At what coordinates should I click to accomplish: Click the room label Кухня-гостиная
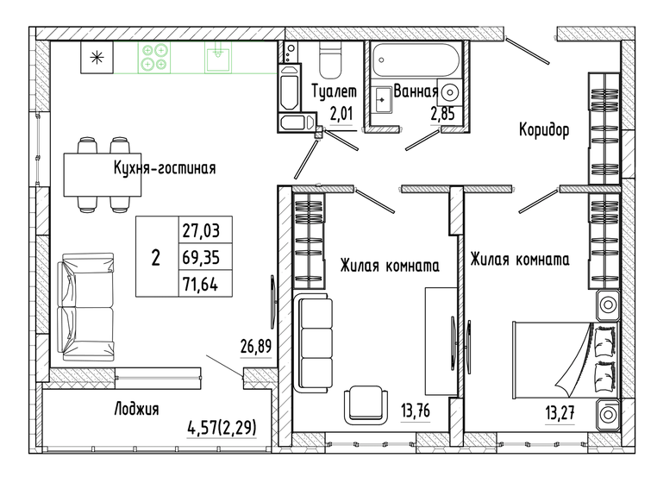pyautogui.click(x=164, y=168)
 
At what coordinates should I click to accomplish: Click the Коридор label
pyautogui.click(x=544, y=130)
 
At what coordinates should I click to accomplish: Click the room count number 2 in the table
pyautogui.click(x=155, y=257)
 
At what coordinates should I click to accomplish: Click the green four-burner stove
pyautogui.click(x=154, y=58)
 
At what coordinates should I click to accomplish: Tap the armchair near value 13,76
pyautogui.click(x=367, y=405)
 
